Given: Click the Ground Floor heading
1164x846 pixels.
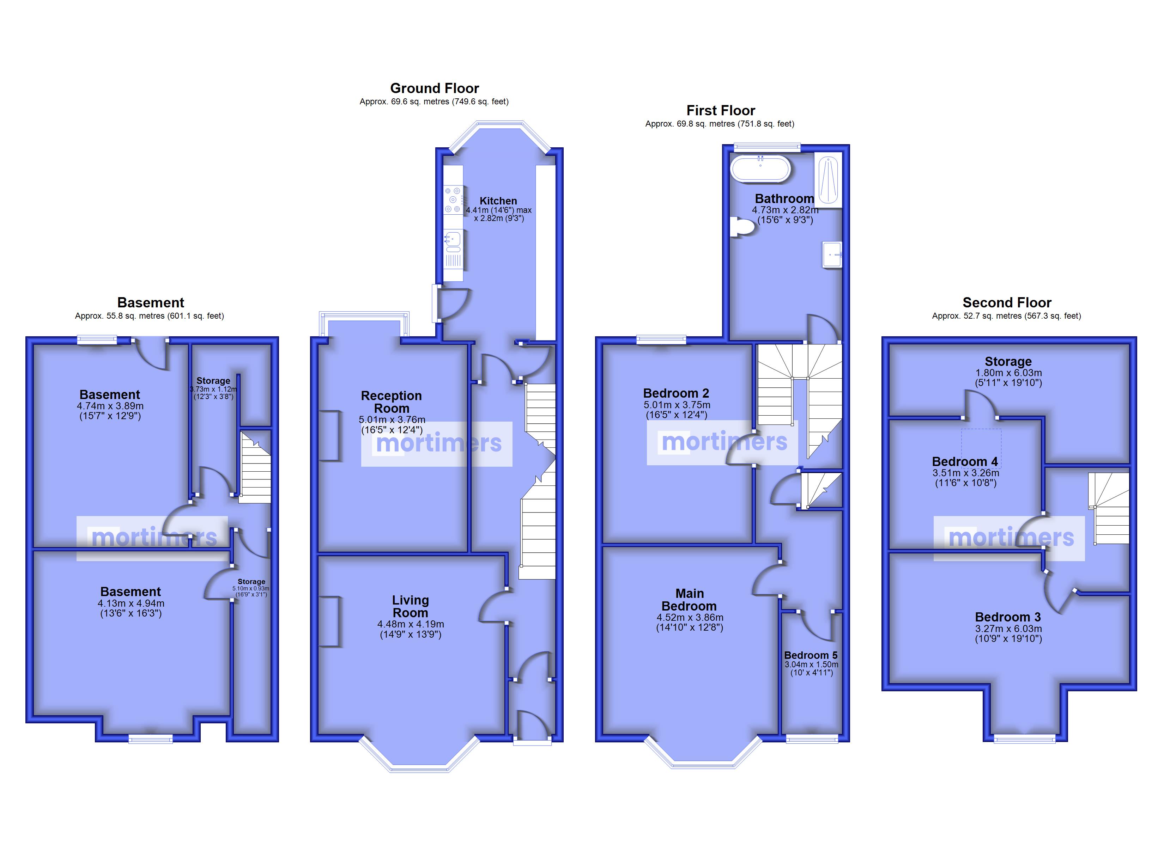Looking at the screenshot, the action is tap(434, 88).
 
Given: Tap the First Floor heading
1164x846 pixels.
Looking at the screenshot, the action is tap(721, 110).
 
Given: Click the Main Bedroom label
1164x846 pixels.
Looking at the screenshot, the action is tap(689, 600).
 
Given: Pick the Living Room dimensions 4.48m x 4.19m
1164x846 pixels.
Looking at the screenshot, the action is tap(411, 624).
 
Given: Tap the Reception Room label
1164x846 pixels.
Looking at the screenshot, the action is tap(391, 402).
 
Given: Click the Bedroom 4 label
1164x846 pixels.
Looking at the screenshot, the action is tap(965, 461).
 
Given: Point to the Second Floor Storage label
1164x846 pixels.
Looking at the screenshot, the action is tap(1008, 361).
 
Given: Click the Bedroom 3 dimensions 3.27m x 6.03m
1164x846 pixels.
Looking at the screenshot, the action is tap(1008, 629).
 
